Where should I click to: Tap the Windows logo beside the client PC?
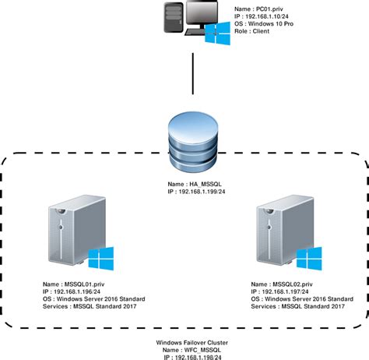[x=217, y=36]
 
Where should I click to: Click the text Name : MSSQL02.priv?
[x=283, y=284]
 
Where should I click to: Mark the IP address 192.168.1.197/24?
[x=289, y=292]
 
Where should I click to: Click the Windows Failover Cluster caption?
[x=190, y=343]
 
